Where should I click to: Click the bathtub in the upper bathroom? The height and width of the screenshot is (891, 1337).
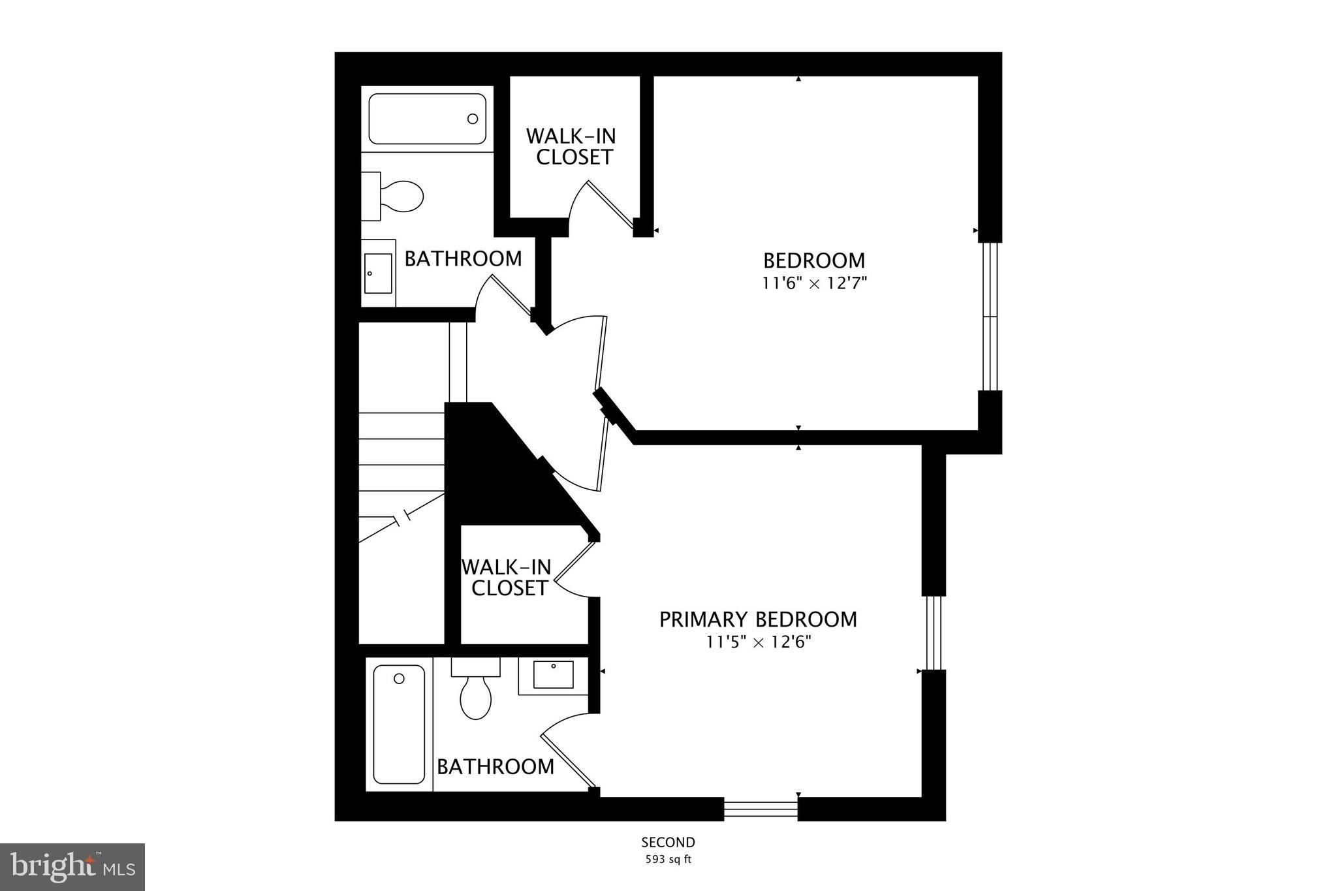427,119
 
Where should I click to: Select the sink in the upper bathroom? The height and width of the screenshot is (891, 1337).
378,273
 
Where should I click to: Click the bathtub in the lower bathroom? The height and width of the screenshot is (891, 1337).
399,724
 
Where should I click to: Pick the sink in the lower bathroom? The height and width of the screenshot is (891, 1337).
553,675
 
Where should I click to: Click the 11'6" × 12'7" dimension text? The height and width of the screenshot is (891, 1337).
814,283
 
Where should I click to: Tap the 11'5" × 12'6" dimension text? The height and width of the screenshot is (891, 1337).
758,642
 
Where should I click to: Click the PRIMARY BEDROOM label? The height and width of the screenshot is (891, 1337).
758,619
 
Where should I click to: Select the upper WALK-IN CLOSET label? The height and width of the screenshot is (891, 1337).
571,147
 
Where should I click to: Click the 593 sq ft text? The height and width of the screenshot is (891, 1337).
668,860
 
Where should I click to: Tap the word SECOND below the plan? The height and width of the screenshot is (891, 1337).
668,843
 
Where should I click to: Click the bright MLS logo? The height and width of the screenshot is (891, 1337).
72,867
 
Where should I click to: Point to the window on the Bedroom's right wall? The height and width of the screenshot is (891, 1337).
990,317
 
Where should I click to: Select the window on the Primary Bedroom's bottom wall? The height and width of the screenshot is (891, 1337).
761,809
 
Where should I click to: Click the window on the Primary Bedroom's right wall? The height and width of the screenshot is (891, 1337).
934,633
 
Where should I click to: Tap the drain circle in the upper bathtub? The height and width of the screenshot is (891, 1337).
473,119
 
